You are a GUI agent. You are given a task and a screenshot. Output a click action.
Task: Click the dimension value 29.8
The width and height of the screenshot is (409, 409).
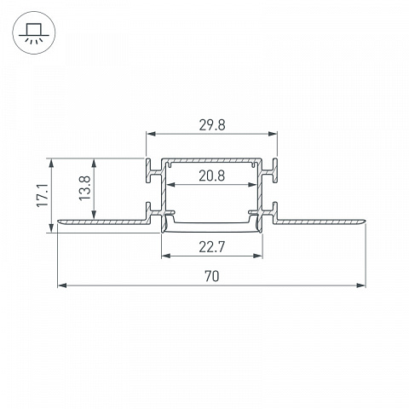212,125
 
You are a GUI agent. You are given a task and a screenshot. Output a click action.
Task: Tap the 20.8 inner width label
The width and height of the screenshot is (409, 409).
212,176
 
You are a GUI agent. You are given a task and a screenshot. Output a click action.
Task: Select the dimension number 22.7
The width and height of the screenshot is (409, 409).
212,247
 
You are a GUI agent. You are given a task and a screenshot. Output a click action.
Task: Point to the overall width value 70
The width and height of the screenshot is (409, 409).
212,276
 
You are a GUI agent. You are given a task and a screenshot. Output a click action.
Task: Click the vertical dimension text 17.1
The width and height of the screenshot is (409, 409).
43,195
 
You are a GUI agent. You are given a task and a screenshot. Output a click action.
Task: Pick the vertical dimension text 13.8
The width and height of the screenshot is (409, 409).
84,188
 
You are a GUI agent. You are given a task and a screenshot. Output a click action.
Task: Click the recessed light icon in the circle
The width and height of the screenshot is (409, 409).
34,32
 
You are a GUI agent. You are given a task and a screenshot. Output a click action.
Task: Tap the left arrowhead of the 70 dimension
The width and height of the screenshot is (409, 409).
62,285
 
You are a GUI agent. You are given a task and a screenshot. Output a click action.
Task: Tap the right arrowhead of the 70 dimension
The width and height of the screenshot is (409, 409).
361,285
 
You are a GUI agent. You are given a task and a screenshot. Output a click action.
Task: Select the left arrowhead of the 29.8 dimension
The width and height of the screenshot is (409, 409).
151,134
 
